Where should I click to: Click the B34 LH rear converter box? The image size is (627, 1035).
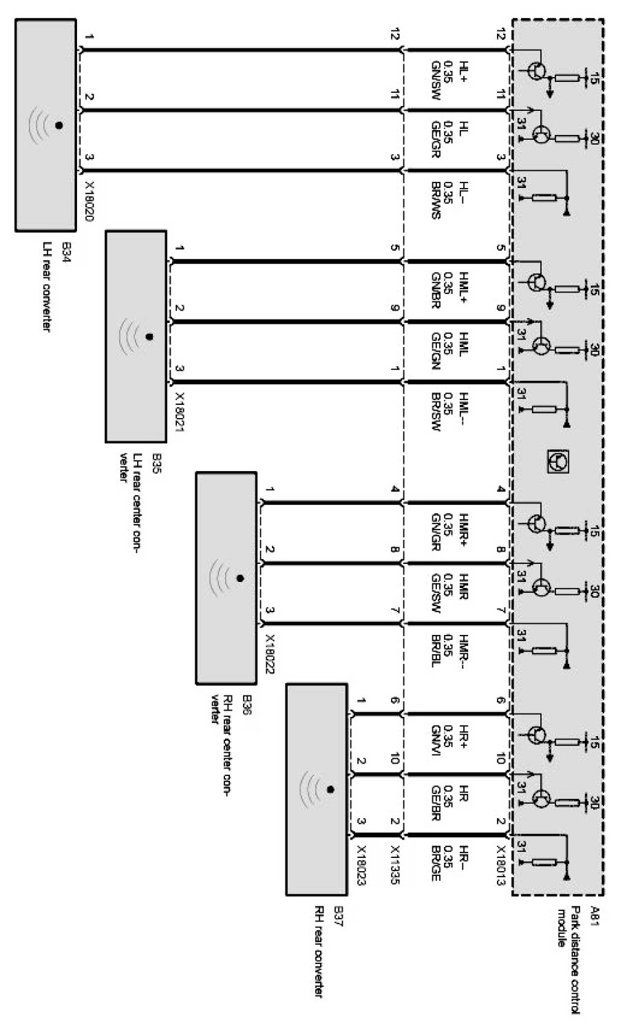coord(45,125)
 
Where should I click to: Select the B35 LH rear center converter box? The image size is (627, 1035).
coord(136,337)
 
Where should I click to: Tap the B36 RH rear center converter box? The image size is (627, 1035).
coord(226,577)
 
